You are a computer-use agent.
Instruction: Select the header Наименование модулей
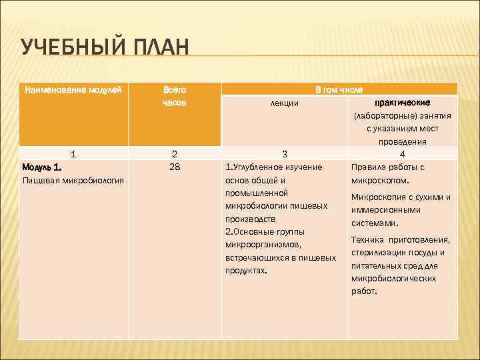click(x=73, y=89)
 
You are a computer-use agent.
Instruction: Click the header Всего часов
click(x=175, y=96)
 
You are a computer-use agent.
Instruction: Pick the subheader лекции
click(x=284, y=103)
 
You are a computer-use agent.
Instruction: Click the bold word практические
click(x=403, y=103)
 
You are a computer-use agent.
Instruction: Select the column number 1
click(x=73, y=153)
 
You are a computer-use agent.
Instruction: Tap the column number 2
click(x=175, y=153)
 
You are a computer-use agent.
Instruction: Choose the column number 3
click(x=284, y=153)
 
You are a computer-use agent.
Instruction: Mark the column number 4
click(x=403, y=153)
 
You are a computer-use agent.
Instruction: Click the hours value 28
click(x=175, y=167)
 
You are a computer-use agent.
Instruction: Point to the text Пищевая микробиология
click(x=73, y=180)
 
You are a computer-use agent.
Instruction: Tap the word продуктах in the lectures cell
click(x=245, y=271)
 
